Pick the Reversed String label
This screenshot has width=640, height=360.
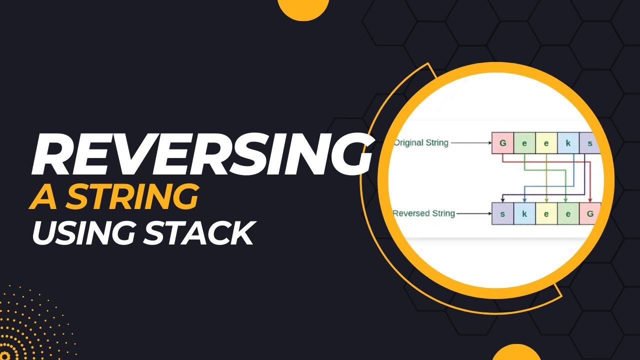click(423, 213)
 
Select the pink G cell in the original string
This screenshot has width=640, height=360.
click(502, 143)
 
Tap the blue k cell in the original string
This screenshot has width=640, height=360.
click(568, 143)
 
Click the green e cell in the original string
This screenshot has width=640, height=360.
click(524, 143)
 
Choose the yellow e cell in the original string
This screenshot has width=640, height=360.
click(546, 143)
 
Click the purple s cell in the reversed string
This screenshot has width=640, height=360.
click(502, 214)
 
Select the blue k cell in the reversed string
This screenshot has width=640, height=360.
click(524, 214)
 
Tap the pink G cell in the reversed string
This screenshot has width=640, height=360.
click(589, 214)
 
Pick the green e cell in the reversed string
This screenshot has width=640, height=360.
click(568, 214)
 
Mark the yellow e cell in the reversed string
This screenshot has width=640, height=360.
click(546, 214)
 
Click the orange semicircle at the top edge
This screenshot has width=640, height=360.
click(302, 7)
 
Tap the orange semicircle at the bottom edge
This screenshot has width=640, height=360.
click(516, 353)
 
